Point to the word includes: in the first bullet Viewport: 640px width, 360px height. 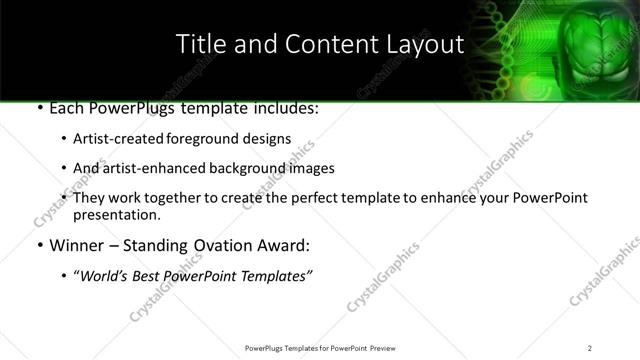coord(285,107)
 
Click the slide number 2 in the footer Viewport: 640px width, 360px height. coord(589,348)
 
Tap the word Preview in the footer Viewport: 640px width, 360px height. coord(387,348)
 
